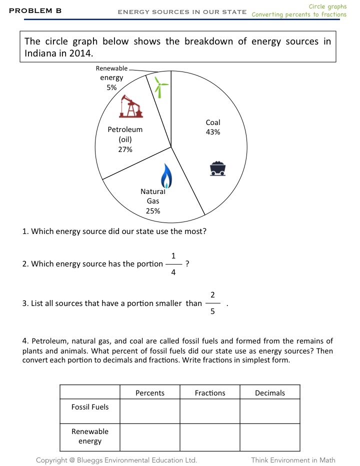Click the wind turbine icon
click(x=160, y=87)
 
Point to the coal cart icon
click(x=217, y=168)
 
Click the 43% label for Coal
click(x=213, y=132)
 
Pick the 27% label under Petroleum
click(x=125, y=149)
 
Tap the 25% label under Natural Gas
click(x=153, y=210)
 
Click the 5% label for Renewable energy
click(x=111, y=87)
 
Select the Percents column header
click(x=150, y=393)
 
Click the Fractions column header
click(x=210, y=393)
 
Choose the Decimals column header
click(x=270, y=393)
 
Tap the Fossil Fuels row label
click(x=90, y=407)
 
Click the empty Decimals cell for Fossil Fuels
click(x=270, y=411)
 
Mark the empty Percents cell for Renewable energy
click(x=150, y=436)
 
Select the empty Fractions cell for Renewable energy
click(x=210, y=436)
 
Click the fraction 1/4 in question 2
click(x=173, y=264)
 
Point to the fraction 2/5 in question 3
click(x=212, y=303)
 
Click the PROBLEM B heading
click(x=35, y=10)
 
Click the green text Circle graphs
click(x=327, y=6)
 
